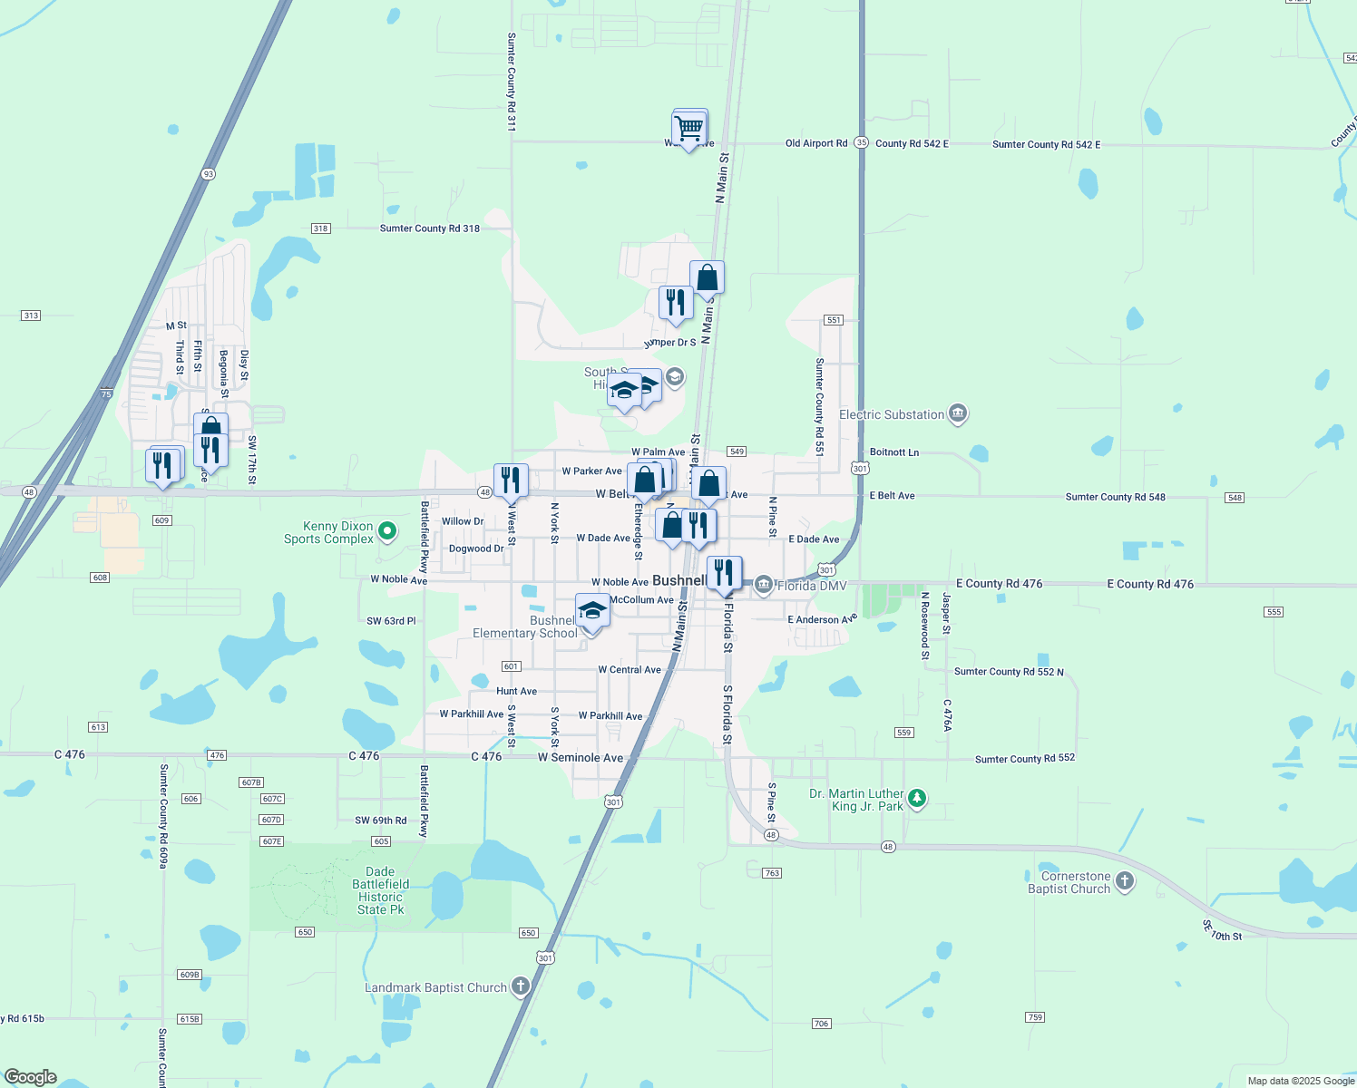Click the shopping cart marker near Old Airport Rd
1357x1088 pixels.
point(689,128)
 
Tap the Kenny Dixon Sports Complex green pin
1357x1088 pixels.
point(387,531)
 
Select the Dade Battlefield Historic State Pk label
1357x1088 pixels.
point(381,890)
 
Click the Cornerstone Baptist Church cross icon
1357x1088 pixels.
point(1125,881)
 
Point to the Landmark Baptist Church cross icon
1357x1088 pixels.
point(521,986)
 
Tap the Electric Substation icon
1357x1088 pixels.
point(958,414)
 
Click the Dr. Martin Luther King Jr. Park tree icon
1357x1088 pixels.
point(918,799)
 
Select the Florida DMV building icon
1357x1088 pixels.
point(764,585)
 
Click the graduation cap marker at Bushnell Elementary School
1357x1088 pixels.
point(592,611)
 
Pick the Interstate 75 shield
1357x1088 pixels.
point(107,394)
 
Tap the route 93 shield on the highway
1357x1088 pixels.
point(209,174)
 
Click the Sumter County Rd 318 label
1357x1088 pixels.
point(429,228)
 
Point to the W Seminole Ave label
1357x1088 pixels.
point(581,758)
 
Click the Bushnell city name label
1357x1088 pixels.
point(678,580)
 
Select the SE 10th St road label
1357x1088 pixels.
point(1222,931)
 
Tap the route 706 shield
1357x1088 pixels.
point(821,1024)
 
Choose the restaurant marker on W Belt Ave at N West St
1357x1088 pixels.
point(511,481)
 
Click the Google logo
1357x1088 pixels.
point(31,1077)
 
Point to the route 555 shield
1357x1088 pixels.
point(1274,612)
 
